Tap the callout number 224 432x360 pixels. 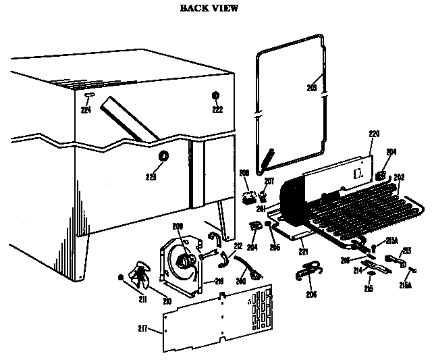pyautogui.click(x=86, y=110)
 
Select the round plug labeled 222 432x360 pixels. pyautogui.click(x=217, y=95)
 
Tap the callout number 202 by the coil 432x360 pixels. pyautogui.click(x=399, y=177)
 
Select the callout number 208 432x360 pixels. pyautogui.click(x=244, y=173)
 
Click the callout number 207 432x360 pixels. pyautogui.click(x=269, y=181)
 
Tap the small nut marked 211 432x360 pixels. pyautogui.click(x=120, y=277)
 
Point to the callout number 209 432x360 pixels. pyautogui.click(x=178, y=226)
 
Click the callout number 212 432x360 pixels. pyautogui.click(x=238, y=246)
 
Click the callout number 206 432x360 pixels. pyautogui.click(x=310, y=294)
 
